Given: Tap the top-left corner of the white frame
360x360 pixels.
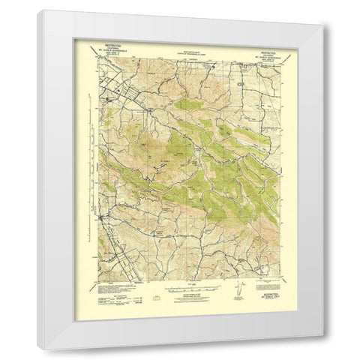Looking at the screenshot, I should click(37, 10).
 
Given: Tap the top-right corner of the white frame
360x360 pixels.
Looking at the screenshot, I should click(325, 10).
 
